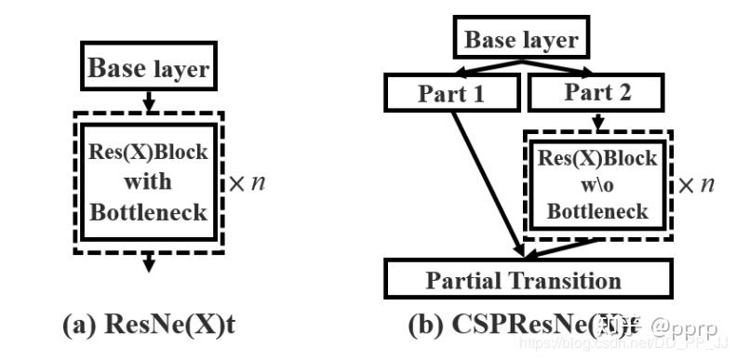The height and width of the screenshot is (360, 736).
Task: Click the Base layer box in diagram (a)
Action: click(148, 66)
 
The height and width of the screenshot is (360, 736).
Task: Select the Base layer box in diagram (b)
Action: click(520, 40)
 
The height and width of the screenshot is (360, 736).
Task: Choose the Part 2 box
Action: click(595, 93)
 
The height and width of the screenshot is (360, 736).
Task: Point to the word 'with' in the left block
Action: click(148, 182)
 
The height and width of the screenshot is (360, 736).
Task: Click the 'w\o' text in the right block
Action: click(596, 183)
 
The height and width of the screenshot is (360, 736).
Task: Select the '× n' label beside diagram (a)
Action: click(247, 183)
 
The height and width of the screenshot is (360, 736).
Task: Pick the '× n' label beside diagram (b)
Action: click(695, 184)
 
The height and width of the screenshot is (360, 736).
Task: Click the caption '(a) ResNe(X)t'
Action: click(148, 326)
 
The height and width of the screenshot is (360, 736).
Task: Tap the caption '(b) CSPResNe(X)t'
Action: click(521, 326)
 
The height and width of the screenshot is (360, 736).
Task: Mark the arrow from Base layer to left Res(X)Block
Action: click(148, 99)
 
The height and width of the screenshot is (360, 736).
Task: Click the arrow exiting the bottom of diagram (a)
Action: click(148, 265)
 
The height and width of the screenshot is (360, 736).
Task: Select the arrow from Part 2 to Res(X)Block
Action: click(596, 120)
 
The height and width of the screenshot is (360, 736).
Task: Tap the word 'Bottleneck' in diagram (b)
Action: click(596, 211)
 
